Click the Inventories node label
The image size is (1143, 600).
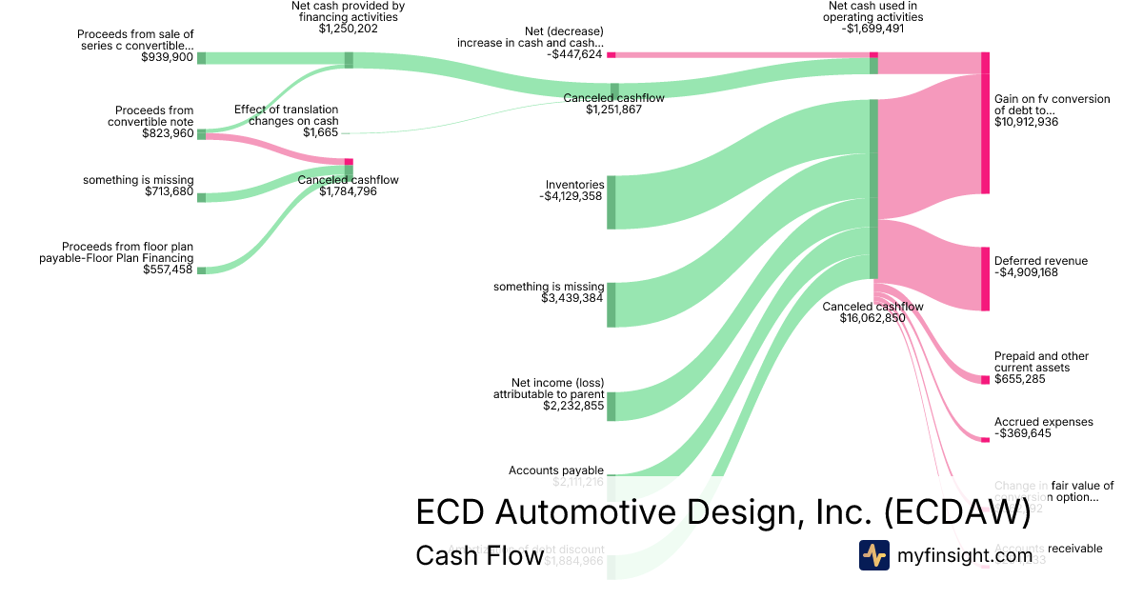coord(574,185)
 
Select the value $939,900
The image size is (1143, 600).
coord(167,57)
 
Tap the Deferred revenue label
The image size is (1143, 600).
coord(1040,261)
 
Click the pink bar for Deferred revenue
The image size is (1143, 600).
coord(985,278)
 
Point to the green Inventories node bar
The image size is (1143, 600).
coord(612,202)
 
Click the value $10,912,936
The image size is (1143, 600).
coord(1026,122)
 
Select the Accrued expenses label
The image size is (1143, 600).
coord(1043,422)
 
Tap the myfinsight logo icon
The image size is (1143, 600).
coord(873,555)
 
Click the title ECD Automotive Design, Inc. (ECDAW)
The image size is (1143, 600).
coord(723,512)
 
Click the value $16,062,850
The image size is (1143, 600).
coord(872,318)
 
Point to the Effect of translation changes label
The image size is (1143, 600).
coord(286,115)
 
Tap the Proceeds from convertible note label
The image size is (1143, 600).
coord(153,116)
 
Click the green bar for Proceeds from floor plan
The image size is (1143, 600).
coord(201,270)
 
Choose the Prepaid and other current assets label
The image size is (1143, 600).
coord(1041,362)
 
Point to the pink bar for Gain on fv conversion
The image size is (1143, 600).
coord(985,133)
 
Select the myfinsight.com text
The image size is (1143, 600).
coord(965,555)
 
